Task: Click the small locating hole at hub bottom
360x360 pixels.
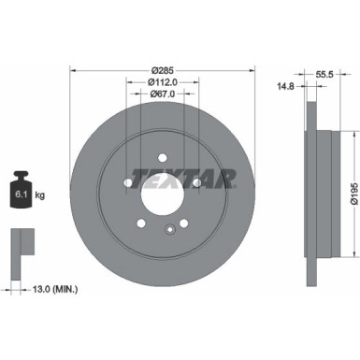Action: pyautogui.click(x=169, y=230)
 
